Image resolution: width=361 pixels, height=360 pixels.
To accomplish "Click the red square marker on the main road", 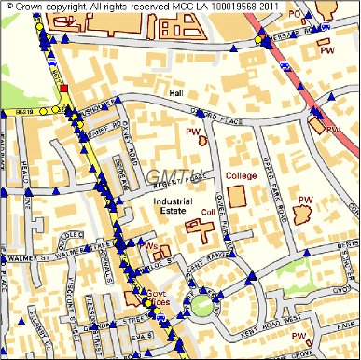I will point(63,90).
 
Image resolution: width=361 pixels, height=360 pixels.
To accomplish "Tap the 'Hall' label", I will point(177,93).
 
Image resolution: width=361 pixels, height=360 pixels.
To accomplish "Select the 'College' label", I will point(241,175).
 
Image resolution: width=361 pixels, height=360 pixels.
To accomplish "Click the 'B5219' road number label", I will point(22,112).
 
